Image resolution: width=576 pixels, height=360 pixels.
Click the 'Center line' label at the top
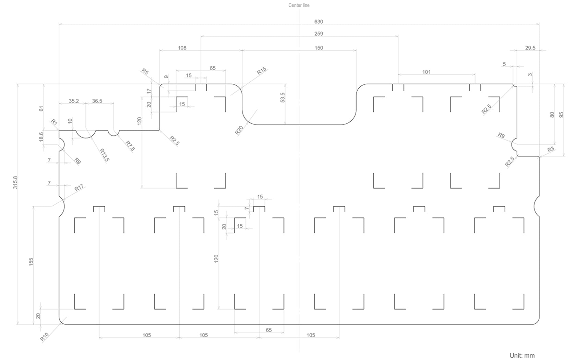pyautogui.click(x=299, y=5)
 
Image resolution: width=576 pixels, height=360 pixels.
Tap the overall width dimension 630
pyautogui.click(x=319, y=22)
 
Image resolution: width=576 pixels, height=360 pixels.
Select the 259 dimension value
pyautogui.click(x=319, y=34)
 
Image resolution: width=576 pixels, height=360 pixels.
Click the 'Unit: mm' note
pyautogui.click(x=522, y=355)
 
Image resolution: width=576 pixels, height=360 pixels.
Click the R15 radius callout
pyautogui.click(x=262, y=71)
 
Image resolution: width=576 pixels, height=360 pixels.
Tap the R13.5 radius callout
pyautogui.click(x=104, y=155)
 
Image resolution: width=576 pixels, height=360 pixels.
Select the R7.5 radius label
pyautogui.click(x=130, y=146)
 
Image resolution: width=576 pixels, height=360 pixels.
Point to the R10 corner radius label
pyautogui.click(x=45, y=337)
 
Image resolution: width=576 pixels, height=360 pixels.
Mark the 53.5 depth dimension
pyautogui.click(x=282, y=97)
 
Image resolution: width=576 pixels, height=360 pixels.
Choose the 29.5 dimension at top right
pyautogui.click(x=530, y=48)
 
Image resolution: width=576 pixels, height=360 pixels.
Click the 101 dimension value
pyautogui.click(x=426, y=72)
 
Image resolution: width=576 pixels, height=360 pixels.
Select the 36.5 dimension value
pyautogui.click(x=97, y=101)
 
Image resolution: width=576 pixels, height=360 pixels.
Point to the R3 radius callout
pyautogui.click(x=551, y=149)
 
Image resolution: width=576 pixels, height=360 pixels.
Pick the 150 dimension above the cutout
pyautogui.click(x=319, y=48)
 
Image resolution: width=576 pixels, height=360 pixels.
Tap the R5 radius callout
pyautogui.click(x=145, y=72)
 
